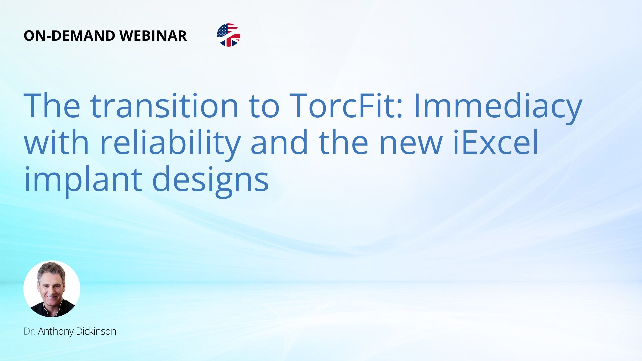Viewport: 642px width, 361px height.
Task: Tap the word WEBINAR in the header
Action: pyautogui.click(x=153, y=36)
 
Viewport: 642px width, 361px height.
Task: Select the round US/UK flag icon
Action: pyautogui.click(x=229, y=35)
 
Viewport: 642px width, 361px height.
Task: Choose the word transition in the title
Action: pyautogui.click(x=164, y=106)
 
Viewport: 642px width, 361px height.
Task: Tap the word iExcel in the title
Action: pyautogui.click(x=496, y=142)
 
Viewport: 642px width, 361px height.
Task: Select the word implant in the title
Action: pyautogui.click(x=83, y=181)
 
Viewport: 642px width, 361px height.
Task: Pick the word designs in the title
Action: pyautogui.click(x=210, y=181)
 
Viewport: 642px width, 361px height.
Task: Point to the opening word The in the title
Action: pyautogui.click(x=52, y=106)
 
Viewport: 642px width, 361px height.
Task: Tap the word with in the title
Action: pyautogui.click(x=57, y=142)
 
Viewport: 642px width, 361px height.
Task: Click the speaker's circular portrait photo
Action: pyautogui.click(x=52, y=289)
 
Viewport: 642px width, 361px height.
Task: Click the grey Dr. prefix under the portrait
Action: pyautogui.click(x=29, y=331)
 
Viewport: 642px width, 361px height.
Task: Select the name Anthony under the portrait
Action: pyautogui.click(x=56, y=332)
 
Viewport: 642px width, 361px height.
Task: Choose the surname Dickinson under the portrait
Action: pyautogui.click(x=96, y=331)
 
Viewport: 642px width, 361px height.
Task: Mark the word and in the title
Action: pyautogui.click(x=279, y=142)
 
